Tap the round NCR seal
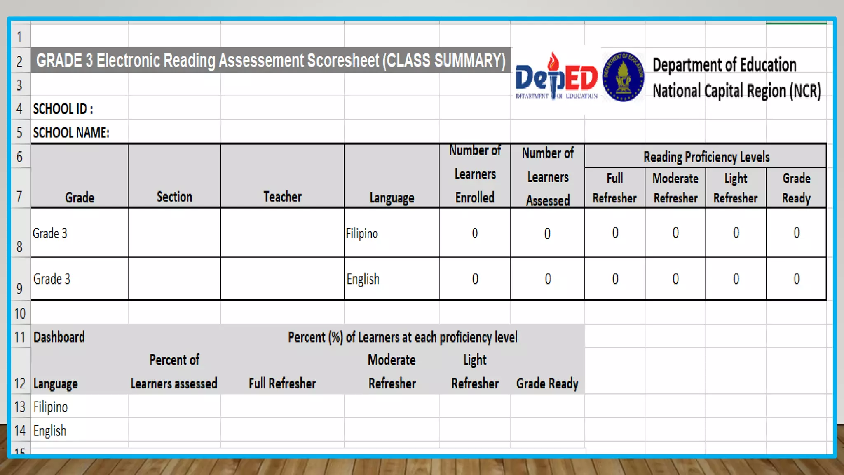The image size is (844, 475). pyautogui.click(x=623, y=77)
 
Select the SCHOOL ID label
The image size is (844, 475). pyautogui.click(x=63, y=109)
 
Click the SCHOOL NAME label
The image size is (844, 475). pyautogui.click(x=71, y=133)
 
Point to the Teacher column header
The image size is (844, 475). pyautogui.click(x=282, y=197)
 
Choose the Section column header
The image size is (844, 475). pyautogui.click(x=174, y=197)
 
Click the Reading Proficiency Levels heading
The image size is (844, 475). pyautogui.click(x=706, y=157)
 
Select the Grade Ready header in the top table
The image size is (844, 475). pyautogui.click(x=796, y=188)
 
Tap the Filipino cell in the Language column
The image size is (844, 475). pyautogui.click(x=362, y=233)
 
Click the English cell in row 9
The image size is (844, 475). pyautogui.click(x=363, y=279)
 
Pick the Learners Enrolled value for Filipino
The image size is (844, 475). pyautogui.click(x=475, y=233)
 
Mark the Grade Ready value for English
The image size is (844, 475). pyautogui.click(x=796, y=279)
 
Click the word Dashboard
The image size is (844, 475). pyautogui.click(x=59, y=337)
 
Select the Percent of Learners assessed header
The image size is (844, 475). pyautogui.click(x=174, y=372)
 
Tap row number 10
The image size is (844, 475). pyautogui.click(x=20, y=314)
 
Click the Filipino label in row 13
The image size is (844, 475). pyautogui.click(x=50, y=407)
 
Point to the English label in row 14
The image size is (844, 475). pyautogui.click(x=50, y=431)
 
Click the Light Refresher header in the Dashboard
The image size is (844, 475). pyautogui.click(x=475, y=372)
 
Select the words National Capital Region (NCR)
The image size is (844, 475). pyautogui.click(x=736, y=91)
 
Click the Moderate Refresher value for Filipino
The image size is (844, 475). pyautogui.click(x=675, y=233)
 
